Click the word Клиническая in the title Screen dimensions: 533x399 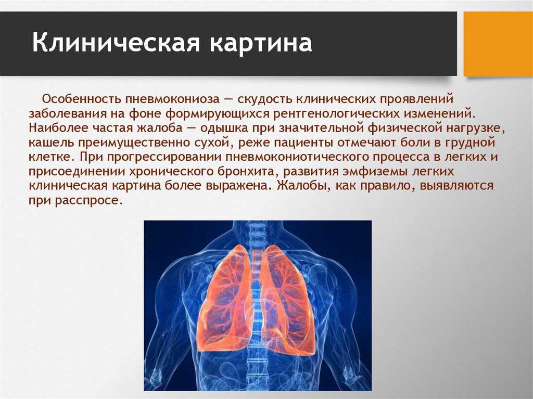point(116,43)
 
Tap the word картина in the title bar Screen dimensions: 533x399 point(261,44)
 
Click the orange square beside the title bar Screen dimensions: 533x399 point(498,44)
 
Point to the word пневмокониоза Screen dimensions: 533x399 point(172,99)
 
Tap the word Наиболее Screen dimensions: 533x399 point(57,128)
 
